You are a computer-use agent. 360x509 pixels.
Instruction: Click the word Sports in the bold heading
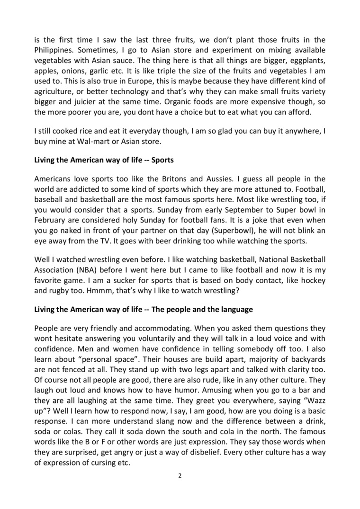tap(162, 160)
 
